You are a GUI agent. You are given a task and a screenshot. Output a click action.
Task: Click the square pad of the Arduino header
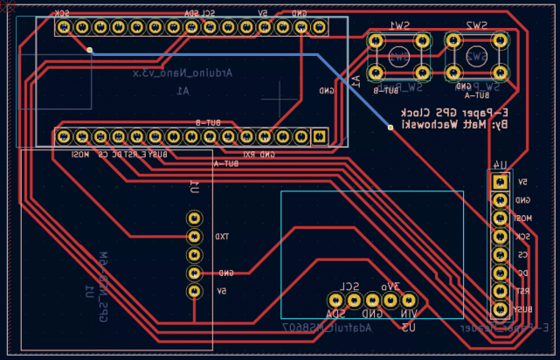pyautogui.click(x=319, y=136)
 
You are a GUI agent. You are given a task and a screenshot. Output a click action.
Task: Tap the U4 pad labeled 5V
pyautogui.click(x=500, y=182)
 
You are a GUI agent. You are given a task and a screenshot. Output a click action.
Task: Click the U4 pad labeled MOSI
pyautogui.click(x=500, y=218)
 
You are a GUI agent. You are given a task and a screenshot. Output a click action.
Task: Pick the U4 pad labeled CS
pyautogui.click(x=500, y=255)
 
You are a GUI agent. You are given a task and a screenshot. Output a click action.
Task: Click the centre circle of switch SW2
pyautogui.click(x=476, y=57)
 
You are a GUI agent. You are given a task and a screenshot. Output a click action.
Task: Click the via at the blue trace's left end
pyautogui.click(x=90, y=50)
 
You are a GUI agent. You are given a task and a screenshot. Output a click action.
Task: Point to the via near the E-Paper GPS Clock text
pyautogui.click(x=390, y=128)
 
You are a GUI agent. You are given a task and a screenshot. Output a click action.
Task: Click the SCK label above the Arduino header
pyautogui.click(x=63, y=14)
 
